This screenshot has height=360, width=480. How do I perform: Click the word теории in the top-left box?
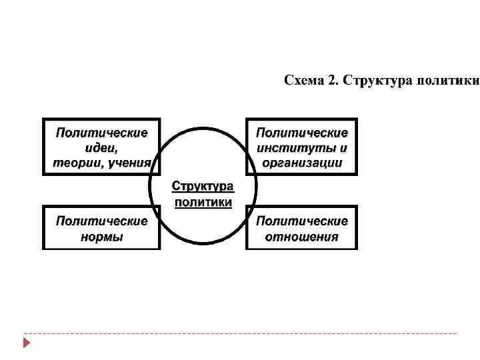(75, 162)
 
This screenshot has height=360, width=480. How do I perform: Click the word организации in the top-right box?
(302, 162)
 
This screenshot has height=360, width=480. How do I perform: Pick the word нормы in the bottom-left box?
(101, 236)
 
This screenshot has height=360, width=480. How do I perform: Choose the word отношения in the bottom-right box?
(302, 236)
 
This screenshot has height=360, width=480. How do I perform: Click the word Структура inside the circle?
(203, 185)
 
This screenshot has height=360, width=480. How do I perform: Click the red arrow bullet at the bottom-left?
(26, 343)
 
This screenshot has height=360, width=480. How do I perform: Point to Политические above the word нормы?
(101, 221)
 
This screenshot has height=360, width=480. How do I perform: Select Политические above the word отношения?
(302, 221)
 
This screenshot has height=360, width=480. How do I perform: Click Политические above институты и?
(302, 133)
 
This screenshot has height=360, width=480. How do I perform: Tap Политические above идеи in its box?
(101, 133)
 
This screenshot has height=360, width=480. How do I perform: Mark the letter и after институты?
(343, 148)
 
